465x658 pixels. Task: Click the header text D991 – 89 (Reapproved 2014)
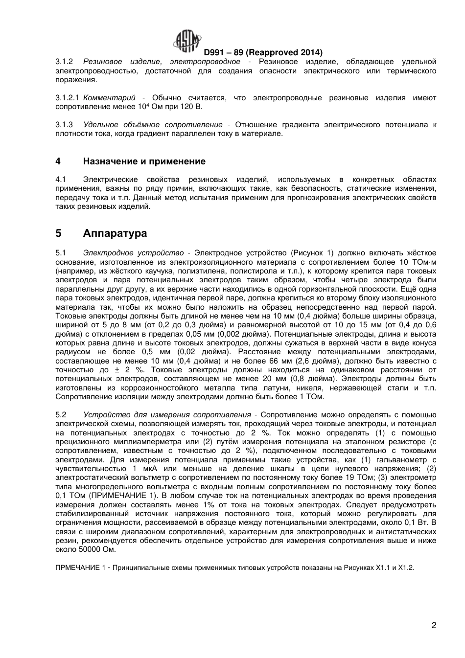pyautogui.click(x=263, y=52)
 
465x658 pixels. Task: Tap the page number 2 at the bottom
pyautogui.click(x=434, y=625)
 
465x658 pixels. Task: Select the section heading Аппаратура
pyautogui.click(x=115, y=233)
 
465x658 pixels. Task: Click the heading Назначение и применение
pyautogui.click(x=144, y=161)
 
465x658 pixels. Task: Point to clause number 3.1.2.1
pyautogui.click(x=67, y=98)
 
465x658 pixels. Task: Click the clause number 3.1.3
pyautogui.click(x=64, y=125)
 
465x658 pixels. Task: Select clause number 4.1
pyautogui.click(x=61, y=180)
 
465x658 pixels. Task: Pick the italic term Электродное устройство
pyautogui.click(x=133, y=253)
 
